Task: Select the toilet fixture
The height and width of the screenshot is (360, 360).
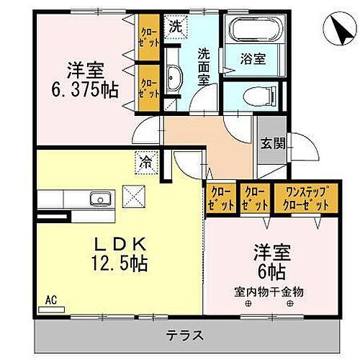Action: coord(256,94)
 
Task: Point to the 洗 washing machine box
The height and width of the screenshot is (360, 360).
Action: coord(175,25)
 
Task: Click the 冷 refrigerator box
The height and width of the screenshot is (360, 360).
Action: coord(147,162)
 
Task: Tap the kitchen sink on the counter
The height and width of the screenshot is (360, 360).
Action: coord(96,199)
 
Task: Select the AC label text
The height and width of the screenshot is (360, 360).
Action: coord(52,297)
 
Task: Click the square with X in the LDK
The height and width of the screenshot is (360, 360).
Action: coord(134,195)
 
